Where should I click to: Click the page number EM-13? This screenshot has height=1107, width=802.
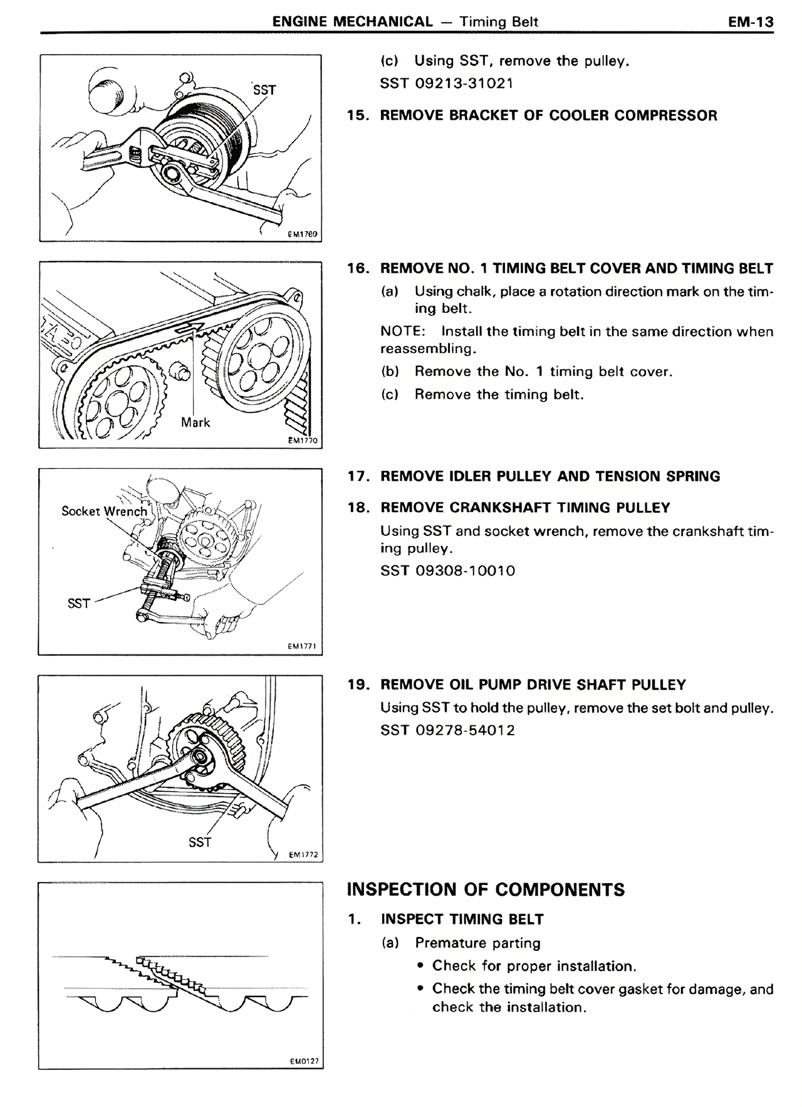751,22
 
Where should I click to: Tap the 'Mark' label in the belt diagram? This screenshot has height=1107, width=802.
195,422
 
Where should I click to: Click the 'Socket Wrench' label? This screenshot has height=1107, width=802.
104,512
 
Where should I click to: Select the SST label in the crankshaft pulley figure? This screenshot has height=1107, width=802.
79,604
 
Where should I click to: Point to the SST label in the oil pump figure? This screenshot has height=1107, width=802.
200,842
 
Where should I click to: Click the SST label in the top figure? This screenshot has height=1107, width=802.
264,90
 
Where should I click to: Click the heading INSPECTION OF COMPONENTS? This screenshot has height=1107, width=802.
486,890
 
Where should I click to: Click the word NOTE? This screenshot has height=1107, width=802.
403,332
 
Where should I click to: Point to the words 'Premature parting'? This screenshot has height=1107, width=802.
477,943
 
